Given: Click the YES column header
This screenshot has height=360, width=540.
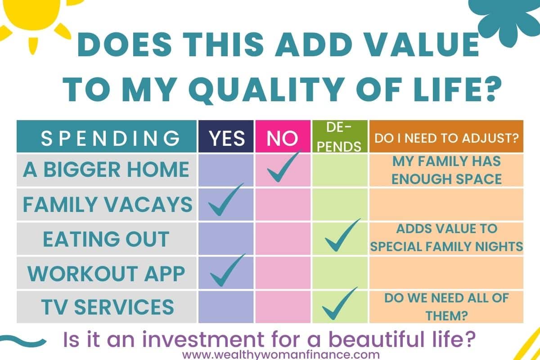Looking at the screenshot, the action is [x=226, y=136].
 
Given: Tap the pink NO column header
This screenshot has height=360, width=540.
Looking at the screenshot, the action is [x=283, y=136].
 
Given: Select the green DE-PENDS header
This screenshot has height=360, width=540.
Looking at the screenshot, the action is [x=340, y=136].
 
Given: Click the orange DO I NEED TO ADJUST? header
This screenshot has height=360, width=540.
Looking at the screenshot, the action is [x=446, y=136].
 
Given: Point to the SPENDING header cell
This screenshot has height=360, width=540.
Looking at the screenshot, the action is [x=107, y=136].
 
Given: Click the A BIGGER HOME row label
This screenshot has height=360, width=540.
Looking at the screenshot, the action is [x=106, y=169].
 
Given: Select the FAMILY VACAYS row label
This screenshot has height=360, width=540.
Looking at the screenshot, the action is [x=108, y=204].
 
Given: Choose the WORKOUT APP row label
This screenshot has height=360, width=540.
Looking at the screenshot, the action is [x=106, y=274].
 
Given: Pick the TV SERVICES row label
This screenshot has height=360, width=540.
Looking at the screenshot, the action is [x=108, y=307].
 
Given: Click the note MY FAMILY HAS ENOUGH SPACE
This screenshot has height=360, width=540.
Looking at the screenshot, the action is [x=446, y=170].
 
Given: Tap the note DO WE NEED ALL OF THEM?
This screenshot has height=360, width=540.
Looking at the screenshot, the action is [x=446, y=307].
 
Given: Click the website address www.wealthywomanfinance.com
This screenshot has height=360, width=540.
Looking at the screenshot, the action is [x=281, y=355].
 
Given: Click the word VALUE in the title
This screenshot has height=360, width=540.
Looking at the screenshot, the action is [x=423, y=45].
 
